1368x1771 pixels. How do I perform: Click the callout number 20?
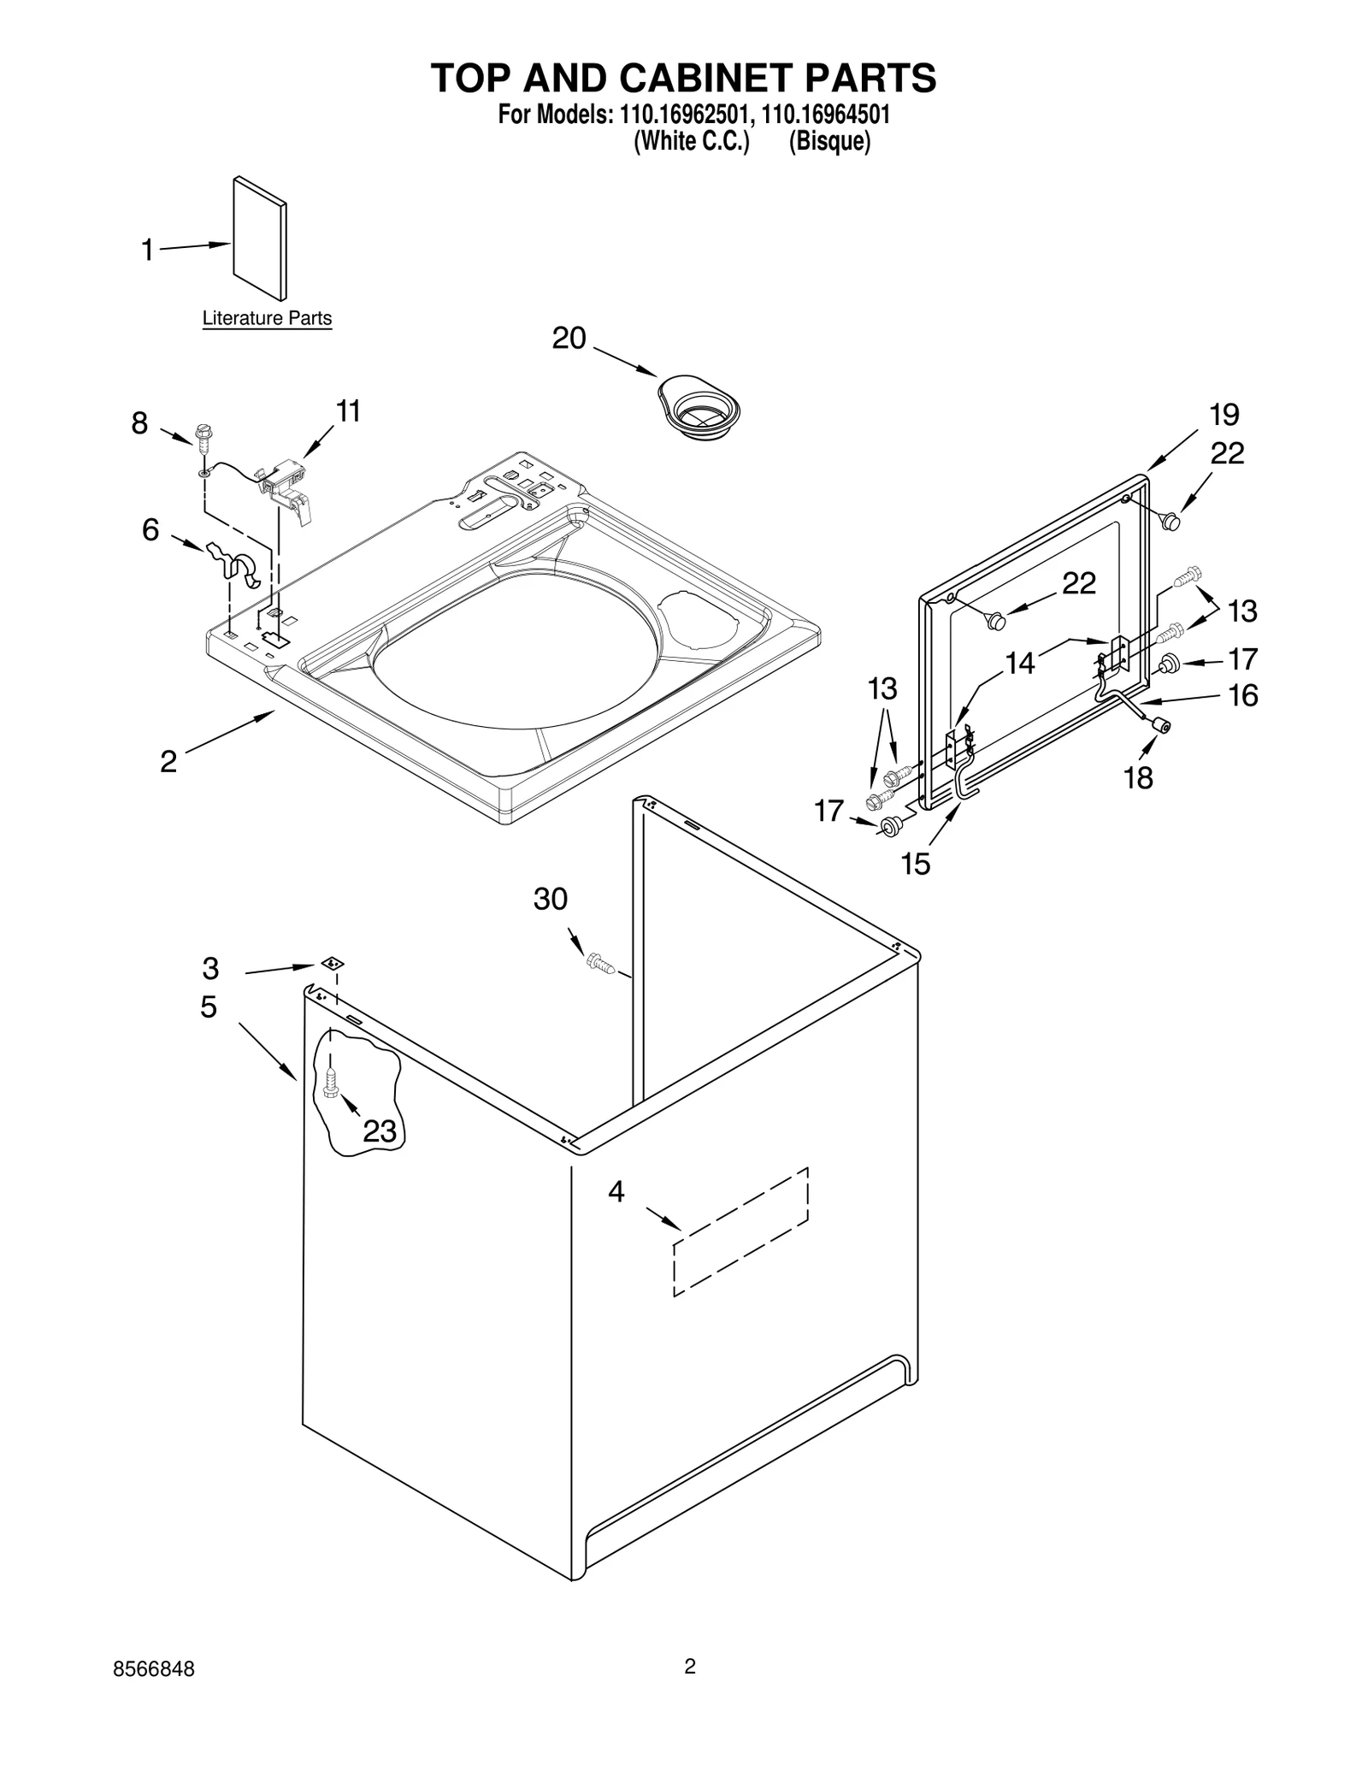pyautogui.click(x=569, y=339)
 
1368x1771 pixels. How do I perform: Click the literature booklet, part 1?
pyautogui.click(x=260, y=239)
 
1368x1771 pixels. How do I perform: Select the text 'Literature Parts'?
pyautogui.click(x=267, y=318)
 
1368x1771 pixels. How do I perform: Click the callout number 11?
pyautogui.click(x=348, y=411)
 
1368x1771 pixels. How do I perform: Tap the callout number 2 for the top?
pyautogui.click(x=168, y=761)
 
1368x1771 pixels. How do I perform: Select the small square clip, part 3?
pyautogui.click(x=332, y=963)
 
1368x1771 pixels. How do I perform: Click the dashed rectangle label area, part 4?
pyautogui.click(x=740, y=1231)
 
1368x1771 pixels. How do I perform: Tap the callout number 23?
pyautogui.click(x=380, y=1131)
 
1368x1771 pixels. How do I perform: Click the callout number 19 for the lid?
pyautogui.click(x=1224, y=415)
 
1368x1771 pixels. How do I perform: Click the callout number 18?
pyautogui.click(x=1139, y=777)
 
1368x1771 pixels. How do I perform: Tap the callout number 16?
pyautogui.click(x=1243, y=695)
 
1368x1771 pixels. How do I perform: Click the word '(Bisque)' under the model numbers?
pyautogui.click(x=829, y=141)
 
